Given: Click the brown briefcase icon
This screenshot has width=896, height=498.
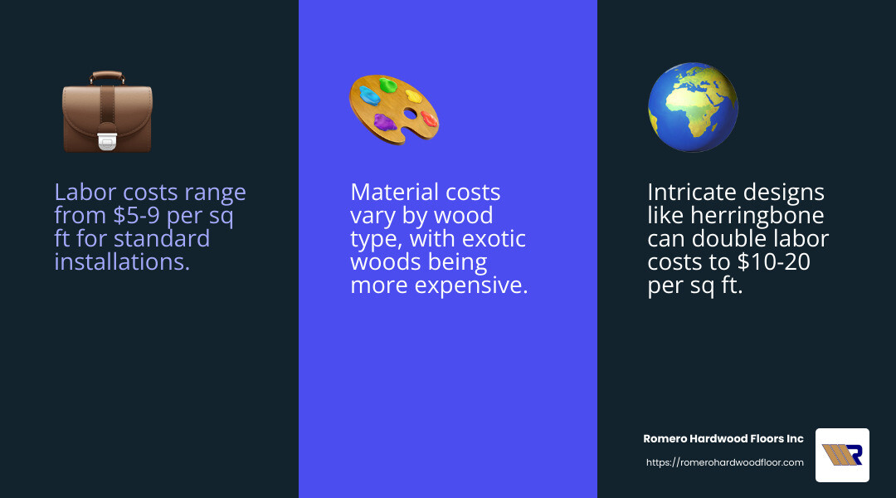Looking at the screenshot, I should tap(107, 112).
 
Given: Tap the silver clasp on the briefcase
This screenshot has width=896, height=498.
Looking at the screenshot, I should tap(107, 142).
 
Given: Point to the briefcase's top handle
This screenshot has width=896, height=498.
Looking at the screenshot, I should tap(107, 76).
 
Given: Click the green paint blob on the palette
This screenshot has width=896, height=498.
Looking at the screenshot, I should tap(388, 85).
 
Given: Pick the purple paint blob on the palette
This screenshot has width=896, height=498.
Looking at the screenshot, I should tap(384, 123).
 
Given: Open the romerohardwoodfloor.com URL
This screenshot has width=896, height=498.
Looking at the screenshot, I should tap(724, 462).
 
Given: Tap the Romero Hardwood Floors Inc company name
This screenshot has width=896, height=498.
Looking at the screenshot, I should tap(723, 438).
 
